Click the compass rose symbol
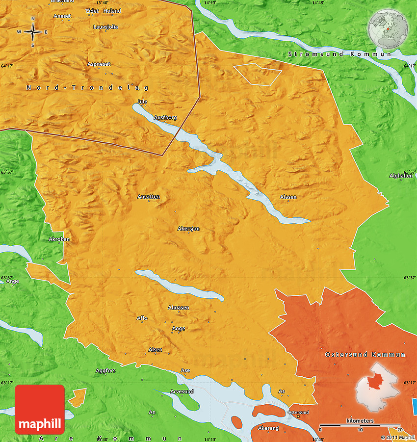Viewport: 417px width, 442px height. click(33, 32)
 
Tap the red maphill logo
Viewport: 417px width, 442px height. click(40, 410)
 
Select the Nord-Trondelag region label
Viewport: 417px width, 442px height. click(87, 87)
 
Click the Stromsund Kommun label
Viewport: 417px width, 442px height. click(339, 54)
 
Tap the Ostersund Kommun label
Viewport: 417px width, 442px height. click(365, 354)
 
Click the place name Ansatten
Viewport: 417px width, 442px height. click(149, 197)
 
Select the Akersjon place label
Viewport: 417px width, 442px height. click(188, 229)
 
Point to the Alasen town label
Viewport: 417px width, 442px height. click(288, 197)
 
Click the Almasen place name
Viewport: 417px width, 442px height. click(179, 308)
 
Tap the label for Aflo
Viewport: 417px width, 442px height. click(142, 318)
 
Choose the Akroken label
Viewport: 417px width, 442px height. click(59, 239)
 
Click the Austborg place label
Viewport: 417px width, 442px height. click(165, 118)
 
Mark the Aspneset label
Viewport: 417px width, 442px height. click(99, 64)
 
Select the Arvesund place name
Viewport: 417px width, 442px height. click(182, 391)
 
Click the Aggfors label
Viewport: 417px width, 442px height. click(105, 370)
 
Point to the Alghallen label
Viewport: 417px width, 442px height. click(401, 176)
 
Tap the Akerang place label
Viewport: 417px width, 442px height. click(268, 428)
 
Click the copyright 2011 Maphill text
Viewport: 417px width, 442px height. click(397, 437)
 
